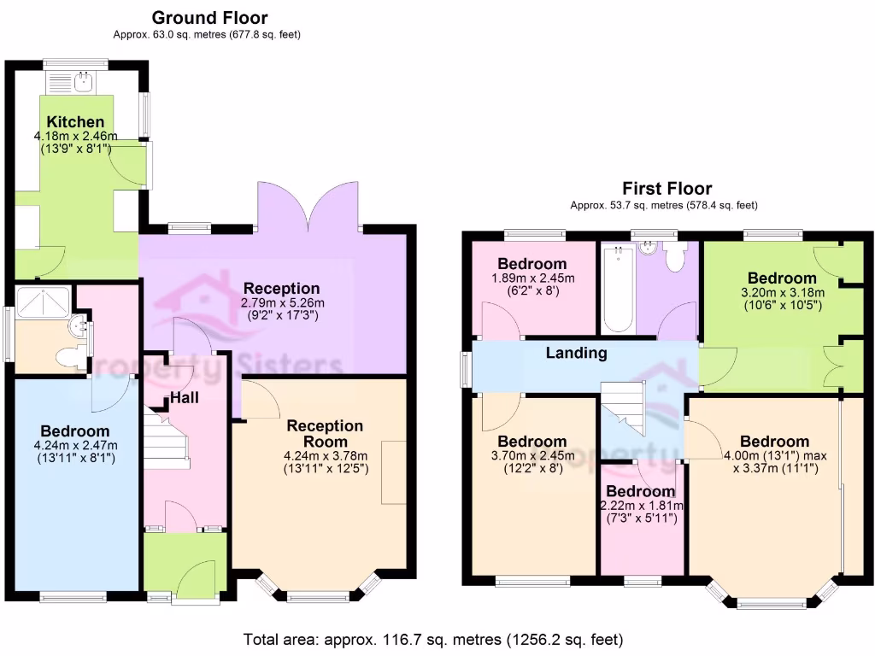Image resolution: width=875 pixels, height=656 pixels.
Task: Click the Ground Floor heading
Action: (209, 18)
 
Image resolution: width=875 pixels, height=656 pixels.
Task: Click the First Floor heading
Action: (667, 189)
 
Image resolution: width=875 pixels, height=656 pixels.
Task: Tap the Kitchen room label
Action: (76, 122)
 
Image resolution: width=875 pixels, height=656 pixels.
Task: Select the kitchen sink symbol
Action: (84, 82)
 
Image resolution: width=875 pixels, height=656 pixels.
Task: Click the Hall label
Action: (185, 397)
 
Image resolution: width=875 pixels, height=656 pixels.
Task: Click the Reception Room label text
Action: (325, 433)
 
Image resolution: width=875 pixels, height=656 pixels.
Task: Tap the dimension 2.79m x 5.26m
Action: (281, 303)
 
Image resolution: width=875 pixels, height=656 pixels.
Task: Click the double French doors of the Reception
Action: (308, 205)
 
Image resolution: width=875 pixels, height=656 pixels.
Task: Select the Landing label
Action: (577, 353)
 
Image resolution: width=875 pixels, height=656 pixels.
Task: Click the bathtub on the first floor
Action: (617, 290)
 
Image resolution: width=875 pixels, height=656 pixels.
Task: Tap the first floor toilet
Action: (675, 256)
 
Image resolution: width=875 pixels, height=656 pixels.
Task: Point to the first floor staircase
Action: (624, 407)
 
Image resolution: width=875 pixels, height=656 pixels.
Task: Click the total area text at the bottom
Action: (432, 639)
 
